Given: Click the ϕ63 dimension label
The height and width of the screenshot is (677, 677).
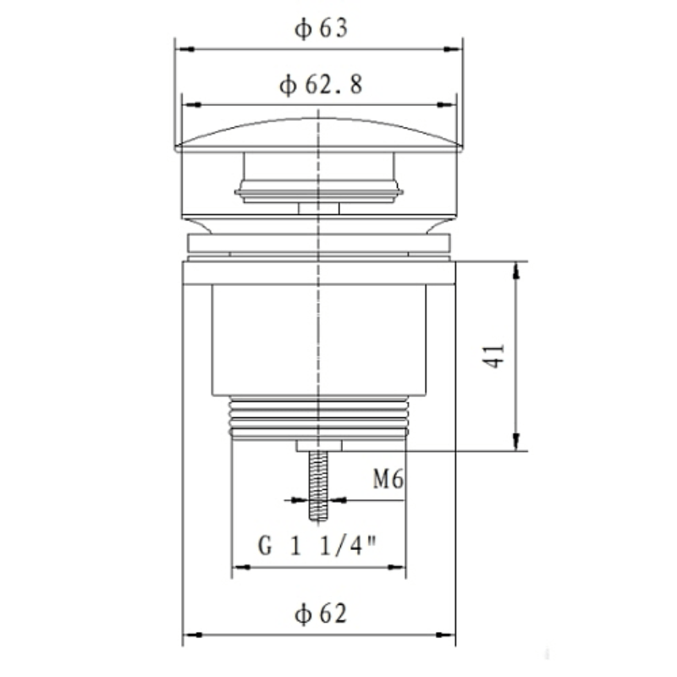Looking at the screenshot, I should click(321, 29).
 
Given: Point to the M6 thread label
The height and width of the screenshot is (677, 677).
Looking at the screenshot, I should click(387, 481).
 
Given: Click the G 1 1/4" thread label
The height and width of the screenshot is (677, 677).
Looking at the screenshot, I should click(317, 546).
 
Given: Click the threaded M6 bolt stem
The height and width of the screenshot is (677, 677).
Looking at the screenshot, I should click(318, 487).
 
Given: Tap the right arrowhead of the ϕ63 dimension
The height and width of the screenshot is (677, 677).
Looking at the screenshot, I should click(455, 49).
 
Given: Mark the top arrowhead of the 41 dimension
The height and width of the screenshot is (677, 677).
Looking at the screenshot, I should click(516, 269).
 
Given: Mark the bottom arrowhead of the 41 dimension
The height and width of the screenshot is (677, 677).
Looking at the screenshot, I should click(516, 443).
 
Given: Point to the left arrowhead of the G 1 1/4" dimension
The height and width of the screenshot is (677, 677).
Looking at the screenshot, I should click(239, 567).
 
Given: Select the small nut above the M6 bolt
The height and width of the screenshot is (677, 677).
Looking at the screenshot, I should click(318, 445).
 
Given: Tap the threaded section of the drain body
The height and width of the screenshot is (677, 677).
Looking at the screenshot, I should click(318, 416).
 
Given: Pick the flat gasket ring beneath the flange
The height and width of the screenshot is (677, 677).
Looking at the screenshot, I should click(318, 245).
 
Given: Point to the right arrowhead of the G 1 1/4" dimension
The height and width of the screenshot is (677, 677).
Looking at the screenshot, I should click(399, 567).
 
